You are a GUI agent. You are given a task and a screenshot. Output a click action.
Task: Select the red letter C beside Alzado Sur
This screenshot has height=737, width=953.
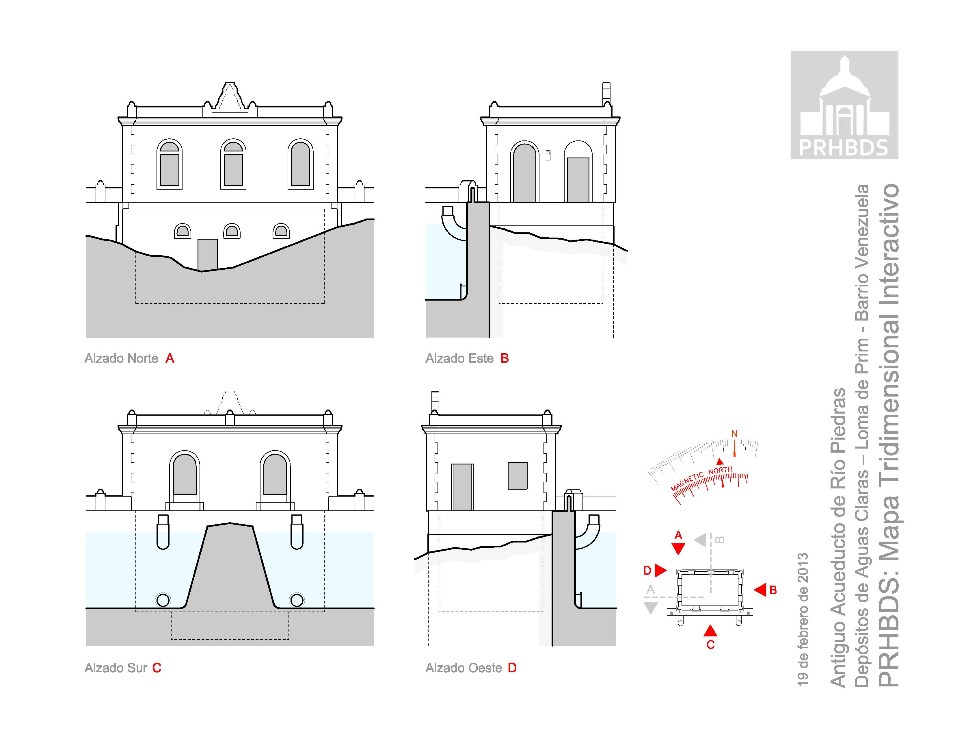157,668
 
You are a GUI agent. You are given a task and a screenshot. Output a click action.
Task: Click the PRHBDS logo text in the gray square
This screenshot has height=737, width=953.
844,148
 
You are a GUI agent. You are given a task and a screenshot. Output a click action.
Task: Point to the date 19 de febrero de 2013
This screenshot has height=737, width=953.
803,620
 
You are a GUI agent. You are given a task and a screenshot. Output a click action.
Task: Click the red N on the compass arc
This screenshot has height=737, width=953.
734,434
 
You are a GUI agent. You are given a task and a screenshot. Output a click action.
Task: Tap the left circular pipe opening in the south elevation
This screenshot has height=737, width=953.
163,600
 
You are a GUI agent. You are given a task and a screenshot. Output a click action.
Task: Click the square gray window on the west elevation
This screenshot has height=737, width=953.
518,475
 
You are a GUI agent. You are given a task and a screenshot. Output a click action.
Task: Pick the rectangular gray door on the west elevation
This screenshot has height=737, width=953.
462,487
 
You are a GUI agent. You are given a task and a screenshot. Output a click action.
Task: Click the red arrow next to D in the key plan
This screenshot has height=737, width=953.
661,570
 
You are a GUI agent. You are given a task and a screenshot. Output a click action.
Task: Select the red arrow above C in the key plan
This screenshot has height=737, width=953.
710,630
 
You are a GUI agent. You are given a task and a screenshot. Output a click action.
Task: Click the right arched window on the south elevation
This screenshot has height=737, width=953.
275,476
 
